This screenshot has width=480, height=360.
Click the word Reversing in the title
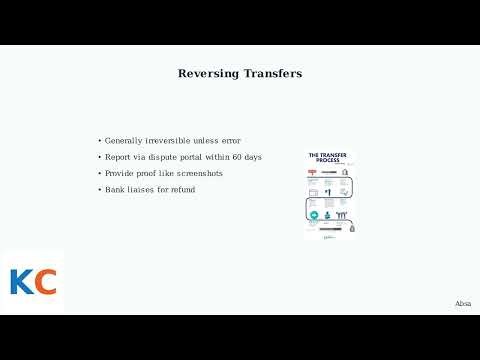(x=207, y=73)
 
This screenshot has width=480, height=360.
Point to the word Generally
(x=124, y=140)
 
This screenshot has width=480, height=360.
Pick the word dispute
(x=162, y=157)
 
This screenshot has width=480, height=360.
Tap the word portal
(x=195, y=157)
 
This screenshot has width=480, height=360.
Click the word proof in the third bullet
(x=147, y=173)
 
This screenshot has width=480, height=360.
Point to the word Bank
(x=114, y=189)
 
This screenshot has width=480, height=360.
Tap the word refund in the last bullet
(x=182, y=189)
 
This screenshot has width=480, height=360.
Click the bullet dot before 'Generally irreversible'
(x=99, y=140)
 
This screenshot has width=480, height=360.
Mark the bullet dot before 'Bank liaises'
(x=99, y=189)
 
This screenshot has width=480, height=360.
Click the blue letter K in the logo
(x=21, y=282)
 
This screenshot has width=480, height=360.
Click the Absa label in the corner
(x=463, y=303)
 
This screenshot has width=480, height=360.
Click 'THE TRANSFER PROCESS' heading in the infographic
(x=328, y=159)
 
